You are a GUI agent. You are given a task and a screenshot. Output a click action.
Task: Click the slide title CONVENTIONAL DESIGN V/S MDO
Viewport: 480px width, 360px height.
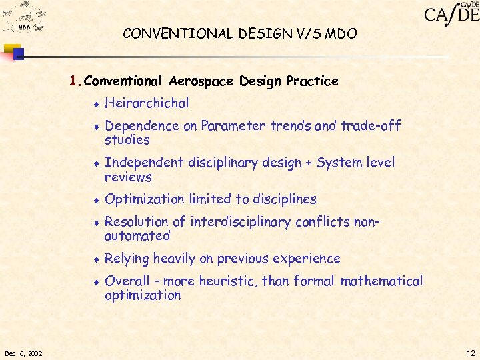tap(239, 33)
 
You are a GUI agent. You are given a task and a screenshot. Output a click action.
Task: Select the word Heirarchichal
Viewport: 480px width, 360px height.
tap(147, 103)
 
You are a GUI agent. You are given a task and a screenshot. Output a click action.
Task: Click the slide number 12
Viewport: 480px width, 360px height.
tap(471, 353)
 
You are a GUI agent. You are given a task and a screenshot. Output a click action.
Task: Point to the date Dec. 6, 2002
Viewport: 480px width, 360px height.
tap(23, 353)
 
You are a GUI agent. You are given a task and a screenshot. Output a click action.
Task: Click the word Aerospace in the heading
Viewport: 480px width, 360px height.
tap(201, 81)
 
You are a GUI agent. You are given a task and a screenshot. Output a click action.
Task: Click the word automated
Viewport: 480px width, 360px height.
tap(137, 236)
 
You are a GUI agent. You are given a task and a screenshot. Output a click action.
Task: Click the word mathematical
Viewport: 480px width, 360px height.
tap(381, 281)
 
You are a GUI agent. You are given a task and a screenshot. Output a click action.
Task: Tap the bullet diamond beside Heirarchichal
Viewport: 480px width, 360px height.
tap(96, 104)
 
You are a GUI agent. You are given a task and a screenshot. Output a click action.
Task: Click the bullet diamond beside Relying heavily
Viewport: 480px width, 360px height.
tap(96, 259)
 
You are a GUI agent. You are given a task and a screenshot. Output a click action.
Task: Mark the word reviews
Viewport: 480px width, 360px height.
tap(128, 177)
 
